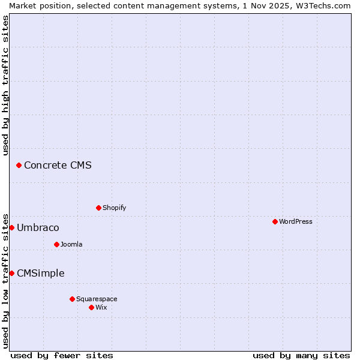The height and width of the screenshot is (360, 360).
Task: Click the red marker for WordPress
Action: [275, 221]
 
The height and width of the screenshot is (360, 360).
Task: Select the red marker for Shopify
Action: [98, 208]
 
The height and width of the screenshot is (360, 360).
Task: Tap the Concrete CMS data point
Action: [19, 165]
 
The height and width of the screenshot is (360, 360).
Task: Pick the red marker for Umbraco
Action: [11, 227]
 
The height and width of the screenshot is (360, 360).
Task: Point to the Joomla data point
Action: [56, 244]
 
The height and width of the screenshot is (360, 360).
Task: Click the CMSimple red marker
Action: [11, 273]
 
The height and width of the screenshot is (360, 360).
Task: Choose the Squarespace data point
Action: [72, 299]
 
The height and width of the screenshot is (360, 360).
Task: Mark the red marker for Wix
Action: [91, 307]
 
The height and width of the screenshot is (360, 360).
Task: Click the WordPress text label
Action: [296, 221]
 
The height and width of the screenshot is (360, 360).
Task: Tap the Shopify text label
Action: [115, 208]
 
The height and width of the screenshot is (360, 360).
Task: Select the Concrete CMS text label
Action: [58, 165]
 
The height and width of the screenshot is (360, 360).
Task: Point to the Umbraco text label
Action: [38, 227]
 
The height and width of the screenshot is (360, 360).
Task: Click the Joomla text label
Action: [71, 244]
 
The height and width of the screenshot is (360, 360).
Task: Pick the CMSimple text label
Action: [40, 273]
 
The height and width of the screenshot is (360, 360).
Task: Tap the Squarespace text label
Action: [97, 299]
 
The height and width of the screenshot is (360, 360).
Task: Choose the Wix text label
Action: [101, 307]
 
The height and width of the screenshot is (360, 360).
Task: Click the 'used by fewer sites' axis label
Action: [62, 355]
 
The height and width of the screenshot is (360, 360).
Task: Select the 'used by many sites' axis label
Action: [301, 355]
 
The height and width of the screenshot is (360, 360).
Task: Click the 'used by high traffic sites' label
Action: [6, 85]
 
